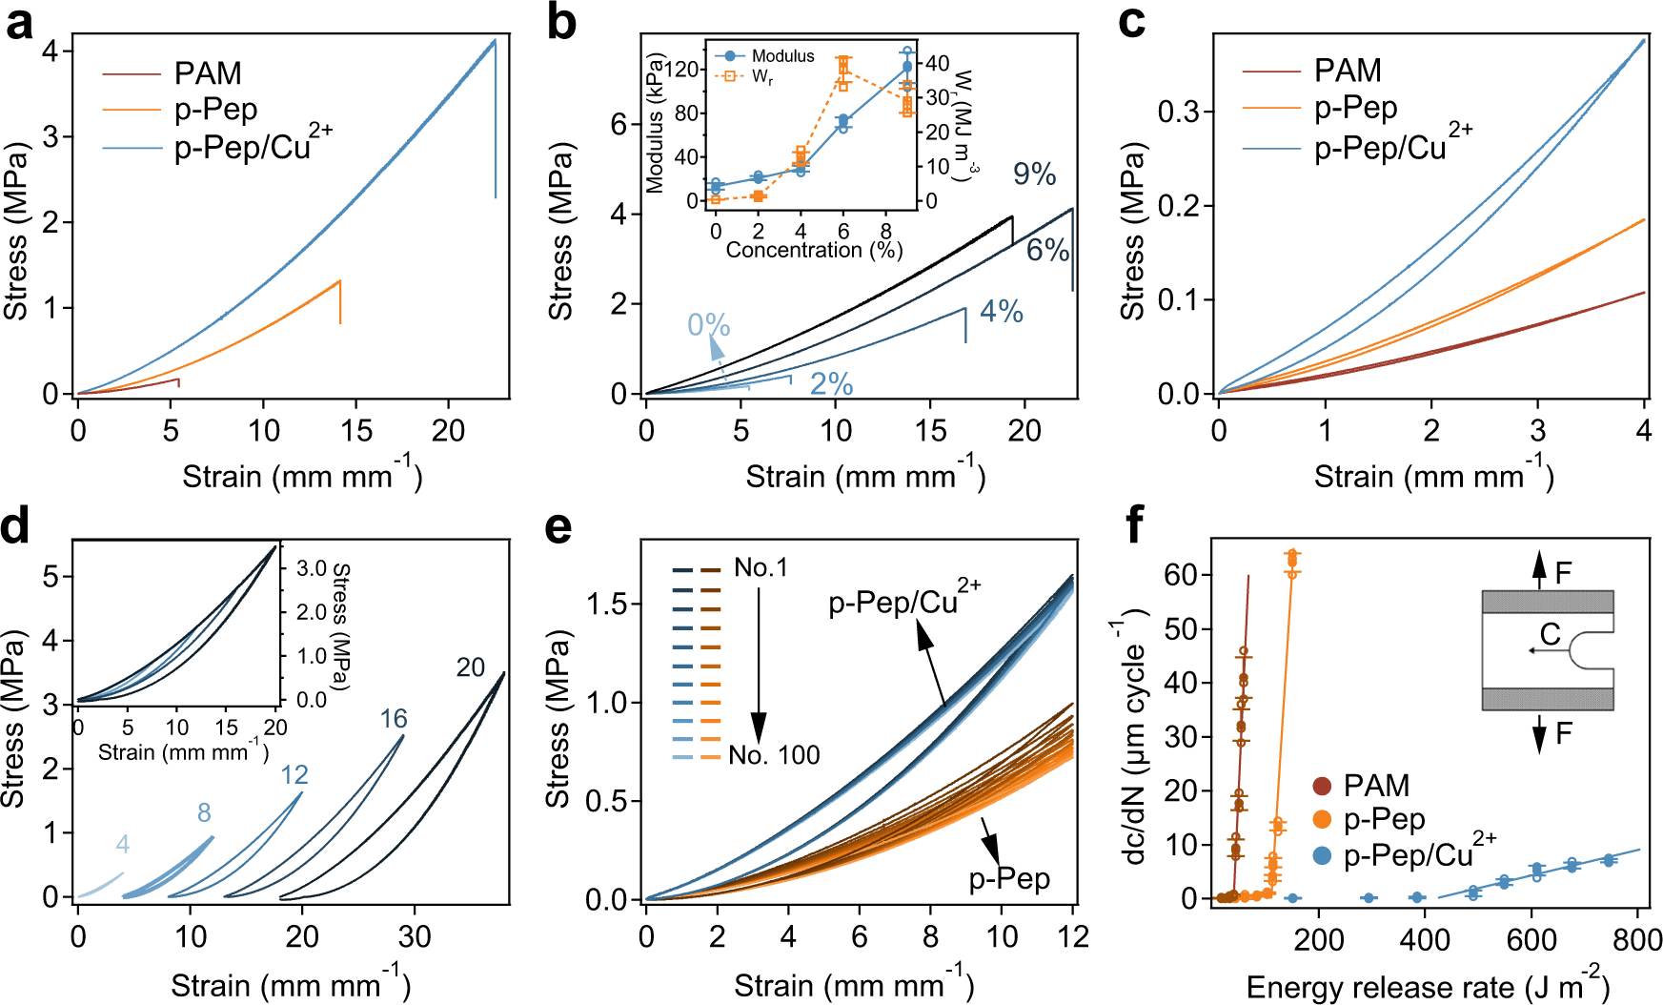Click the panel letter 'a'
(x=19, y=24)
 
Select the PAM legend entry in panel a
(x=207, y=73)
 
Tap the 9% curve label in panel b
(x=1034, y=174)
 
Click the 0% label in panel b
(x=708, y=325)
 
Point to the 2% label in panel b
(x=831, y=383)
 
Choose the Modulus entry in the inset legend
(x=781, y=56)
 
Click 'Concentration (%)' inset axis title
(x=814, y=251)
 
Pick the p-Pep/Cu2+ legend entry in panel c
(x=1392, y=146)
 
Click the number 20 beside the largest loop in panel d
(x=470, y=667)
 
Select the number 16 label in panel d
(x=393, y=719)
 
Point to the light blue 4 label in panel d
(x=122, y=844)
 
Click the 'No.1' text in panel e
(x=761, y=568)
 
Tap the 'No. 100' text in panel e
(x=774, y=755)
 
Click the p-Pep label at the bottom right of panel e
(x=1009, y=878)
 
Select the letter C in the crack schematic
(x=1550, y=634)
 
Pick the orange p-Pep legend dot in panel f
(x=1322, y=819)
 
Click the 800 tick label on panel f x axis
(x=1637, y=940)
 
